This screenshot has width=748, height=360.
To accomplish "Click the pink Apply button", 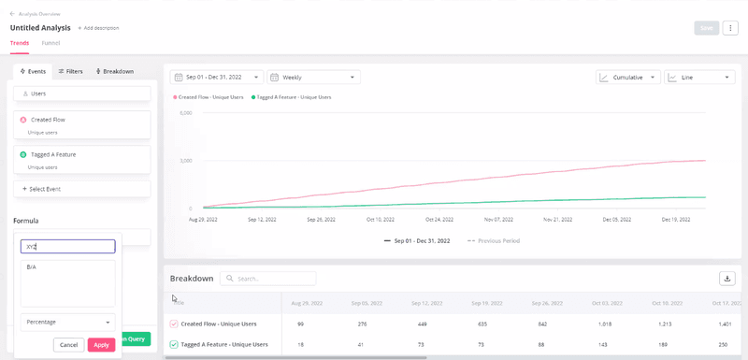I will click(x=101, y=345).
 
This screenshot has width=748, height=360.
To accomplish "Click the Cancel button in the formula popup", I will click(x=68, y=345).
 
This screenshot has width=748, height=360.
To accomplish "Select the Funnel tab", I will click(x=50, y=43).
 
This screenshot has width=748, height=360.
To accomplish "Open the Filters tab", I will click(x=70, y=71).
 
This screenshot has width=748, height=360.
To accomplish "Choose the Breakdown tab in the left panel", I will click(x=114, y=71).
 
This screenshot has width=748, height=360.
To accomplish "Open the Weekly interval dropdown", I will click(x=314, y=78).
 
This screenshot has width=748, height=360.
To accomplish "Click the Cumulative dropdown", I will click(x=627, y=78).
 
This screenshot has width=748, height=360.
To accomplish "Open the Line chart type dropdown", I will click(x=698, y=78).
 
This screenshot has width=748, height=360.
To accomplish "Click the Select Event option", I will click(x=81, y=189).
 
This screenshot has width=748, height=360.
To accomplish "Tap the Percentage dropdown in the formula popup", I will click(x=68, y=322).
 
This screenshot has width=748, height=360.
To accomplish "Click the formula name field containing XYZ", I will click(x=68, y=247).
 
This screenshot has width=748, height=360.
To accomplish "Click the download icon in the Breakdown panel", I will click(x=726, y=279).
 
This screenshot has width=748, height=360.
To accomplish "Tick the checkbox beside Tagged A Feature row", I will click(x=174, y=344).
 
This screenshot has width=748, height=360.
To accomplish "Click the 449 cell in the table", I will click(x=422, y=324).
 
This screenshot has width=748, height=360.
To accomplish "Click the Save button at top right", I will click(x=706, y=28).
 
